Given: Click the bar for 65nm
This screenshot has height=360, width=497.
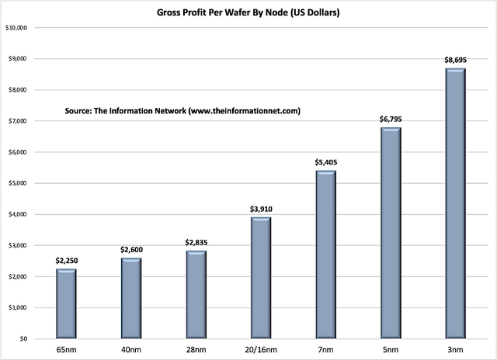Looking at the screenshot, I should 66,303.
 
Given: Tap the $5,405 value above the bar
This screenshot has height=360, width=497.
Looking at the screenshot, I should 325,162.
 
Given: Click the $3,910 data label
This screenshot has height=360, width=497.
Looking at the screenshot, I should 261,209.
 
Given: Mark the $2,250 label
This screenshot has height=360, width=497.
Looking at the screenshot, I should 66,261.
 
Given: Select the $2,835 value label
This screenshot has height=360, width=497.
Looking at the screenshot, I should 196,242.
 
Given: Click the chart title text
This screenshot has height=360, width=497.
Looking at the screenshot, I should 248,13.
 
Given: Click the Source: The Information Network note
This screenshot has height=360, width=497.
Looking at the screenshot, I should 182,111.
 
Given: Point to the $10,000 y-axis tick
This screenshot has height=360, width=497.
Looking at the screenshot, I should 17,28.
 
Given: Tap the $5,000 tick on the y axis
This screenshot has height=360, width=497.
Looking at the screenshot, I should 19,183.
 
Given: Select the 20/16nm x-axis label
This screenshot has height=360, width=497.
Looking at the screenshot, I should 261,351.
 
